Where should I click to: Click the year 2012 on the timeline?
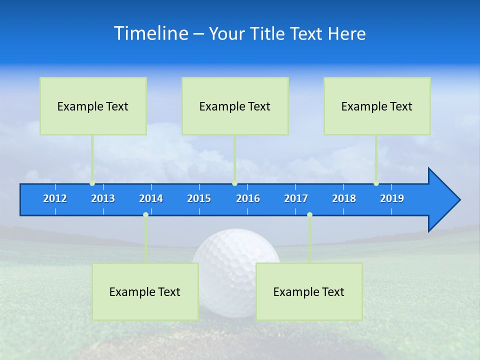55,198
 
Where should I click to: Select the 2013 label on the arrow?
103,198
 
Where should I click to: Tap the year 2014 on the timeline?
151,198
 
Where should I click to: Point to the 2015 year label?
199,198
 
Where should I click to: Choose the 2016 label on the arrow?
248,198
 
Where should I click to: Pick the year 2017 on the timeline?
296,198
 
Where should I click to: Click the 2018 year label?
344,198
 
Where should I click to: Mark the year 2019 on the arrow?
392,198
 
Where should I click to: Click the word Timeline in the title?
151,33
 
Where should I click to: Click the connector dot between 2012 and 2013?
92,183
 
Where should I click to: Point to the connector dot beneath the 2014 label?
145,215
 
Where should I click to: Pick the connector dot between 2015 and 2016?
234,183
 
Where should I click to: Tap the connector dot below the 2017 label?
309,215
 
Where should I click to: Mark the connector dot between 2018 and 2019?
376,183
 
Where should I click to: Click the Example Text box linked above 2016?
235,106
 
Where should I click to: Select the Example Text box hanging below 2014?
145,291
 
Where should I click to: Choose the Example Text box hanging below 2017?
309,291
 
